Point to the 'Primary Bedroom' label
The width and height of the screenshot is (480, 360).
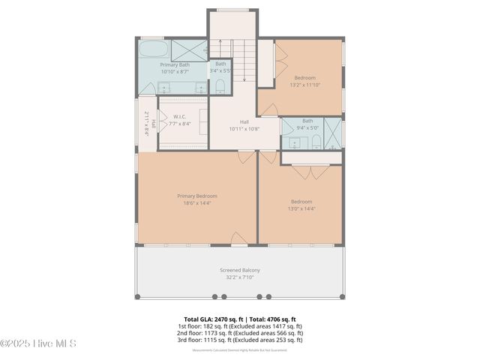[197, 196]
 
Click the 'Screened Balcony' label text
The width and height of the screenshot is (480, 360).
[240, 270]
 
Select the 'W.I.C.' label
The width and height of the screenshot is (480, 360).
[180, 117]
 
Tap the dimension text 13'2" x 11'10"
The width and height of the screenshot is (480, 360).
[304, 85]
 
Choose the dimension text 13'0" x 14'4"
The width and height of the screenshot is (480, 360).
[301, 208]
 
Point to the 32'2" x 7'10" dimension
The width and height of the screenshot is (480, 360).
[240, 277]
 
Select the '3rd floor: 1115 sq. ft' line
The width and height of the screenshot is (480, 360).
[240, 340]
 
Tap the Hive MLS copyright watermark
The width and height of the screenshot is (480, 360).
[38, 343]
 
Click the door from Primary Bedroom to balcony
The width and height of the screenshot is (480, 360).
[238, 238]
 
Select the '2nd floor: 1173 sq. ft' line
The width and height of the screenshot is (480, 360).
[240, 333]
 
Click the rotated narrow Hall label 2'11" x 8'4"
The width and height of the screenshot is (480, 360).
[149, 123]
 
